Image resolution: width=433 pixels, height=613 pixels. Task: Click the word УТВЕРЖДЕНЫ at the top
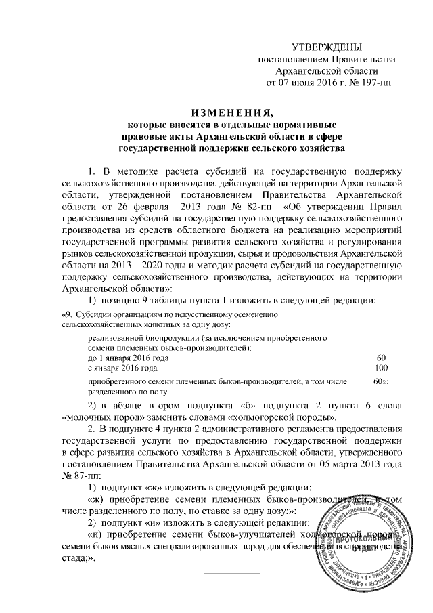(326, 47)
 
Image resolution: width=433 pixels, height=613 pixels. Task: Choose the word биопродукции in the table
(158, 337)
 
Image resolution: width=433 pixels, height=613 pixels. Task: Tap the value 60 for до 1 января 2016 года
(381, 357)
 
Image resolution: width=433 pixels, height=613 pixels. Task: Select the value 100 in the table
(381, 367)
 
